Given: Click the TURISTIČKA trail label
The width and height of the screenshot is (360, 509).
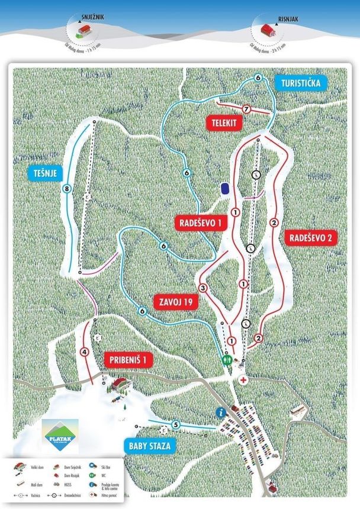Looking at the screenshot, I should (301, 83).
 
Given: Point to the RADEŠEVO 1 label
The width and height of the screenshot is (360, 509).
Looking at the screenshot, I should (201, 223).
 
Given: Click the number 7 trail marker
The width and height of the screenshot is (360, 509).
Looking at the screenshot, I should (246, 109).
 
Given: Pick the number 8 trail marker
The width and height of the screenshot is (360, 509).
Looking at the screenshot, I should (67, 189).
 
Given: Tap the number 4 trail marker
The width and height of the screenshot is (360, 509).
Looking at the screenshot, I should (85, 352).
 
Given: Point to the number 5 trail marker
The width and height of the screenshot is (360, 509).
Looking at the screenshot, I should (176, 424).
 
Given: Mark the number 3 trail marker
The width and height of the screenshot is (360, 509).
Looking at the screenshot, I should (203, 288).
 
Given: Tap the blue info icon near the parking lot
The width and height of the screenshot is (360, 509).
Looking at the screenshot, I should (221, 412).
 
